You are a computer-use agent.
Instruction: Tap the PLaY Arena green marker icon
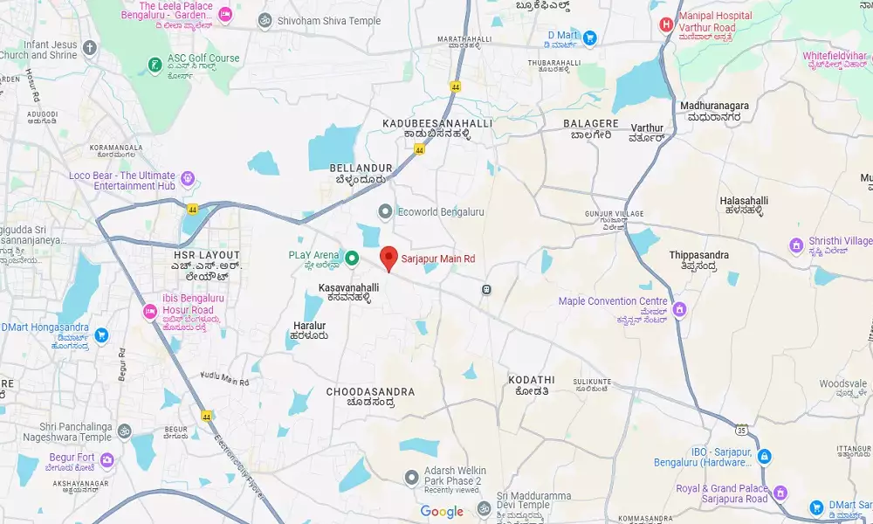point(352,258)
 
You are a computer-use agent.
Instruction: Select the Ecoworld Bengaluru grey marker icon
point(385,211)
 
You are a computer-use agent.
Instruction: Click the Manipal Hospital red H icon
point(667,24)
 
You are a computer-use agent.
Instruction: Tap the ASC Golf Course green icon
point(154,64)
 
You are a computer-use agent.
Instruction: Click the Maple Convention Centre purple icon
point(679,309)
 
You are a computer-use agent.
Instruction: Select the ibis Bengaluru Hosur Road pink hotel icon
point(148,311)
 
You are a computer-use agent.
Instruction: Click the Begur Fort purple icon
point(107,459)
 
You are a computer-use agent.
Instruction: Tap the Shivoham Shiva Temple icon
point(264,19)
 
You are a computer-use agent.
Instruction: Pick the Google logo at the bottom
point(442,512)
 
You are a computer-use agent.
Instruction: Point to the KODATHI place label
point(531,380)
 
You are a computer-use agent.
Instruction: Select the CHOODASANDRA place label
point(370,392)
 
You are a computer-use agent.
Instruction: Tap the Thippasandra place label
point(698,255)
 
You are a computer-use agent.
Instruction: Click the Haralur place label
point(309,326)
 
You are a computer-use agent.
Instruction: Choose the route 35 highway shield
point(741,429)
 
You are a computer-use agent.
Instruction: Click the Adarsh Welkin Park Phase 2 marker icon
point(411,476)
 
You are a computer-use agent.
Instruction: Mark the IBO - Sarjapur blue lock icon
point(764,456)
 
